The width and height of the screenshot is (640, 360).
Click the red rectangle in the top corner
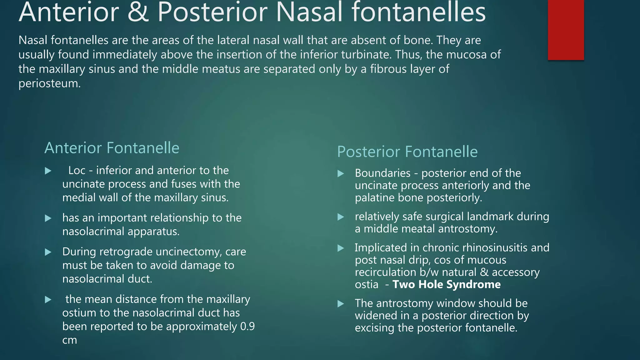tap(566, 30)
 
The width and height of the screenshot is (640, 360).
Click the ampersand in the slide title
tap(138, 12)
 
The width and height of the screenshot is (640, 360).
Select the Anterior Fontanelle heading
tap(112, 148)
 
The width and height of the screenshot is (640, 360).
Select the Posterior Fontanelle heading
tap(407, 152)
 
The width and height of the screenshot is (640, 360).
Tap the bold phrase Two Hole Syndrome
tap(446, 284)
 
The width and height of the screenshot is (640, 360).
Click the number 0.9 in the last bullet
tap(247, 326)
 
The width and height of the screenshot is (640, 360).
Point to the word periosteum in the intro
tap(49, 83)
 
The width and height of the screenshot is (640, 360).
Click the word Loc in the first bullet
tap(77, 170)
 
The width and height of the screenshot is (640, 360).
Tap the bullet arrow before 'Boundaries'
tap(341, 173)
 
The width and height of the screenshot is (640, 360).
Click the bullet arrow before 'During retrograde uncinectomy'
tap(48, 252)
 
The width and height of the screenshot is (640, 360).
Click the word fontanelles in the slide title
tap(419, 12)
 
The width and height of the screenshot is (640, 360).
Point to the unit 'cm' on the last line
tap(69, 340)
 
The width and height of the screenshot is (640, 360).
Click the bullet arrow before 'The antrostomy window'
tap(341, 303)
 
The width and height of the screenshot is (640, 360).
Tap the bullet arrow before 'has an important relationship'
tap(48, 218)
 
